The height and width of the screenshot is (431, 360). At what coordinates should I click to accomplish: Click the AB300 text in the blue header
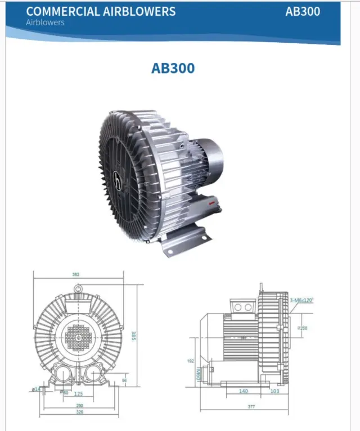pyautogui.click(x=303, y=11)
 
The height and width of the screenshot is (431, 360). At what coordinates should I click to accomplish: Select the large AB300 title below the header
pyautogui.click(x=173, y=67)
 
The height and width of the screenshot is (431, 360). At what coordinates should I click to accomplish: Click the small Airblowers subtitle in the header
pyautogui.click(x=45, y=23)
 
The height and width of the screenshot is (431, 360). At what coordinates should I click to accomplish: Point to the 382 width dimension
pyautogui.click(x=76, y=274)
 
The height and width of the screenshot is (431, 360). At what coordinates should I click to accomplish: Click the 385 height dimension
pyautogui.click(x=134, y=335)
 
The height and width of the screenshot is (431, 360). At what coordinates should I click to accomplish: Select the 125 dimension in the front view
pyautogui.click(x=79, y=393)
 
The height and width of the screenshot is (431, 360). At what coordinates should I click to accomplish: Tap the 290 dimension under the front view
pyautogui.click(x=80, y=405)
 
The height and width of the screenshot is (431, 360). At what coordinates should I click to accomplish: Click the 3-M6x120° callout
pyautogui.click(x=302, y=300)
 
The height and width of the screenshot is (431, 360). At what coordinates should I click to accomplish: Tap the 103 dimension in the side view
pyautogui.click(x=274, y=391)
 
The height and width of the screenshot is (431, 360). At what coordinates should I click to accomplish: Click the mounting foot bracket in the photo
pyautogui.click(x=183, y=239)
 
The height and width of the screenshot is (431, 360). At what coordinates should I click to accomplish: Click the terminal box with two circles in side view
pyautogui.click(x=241, y=307)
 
